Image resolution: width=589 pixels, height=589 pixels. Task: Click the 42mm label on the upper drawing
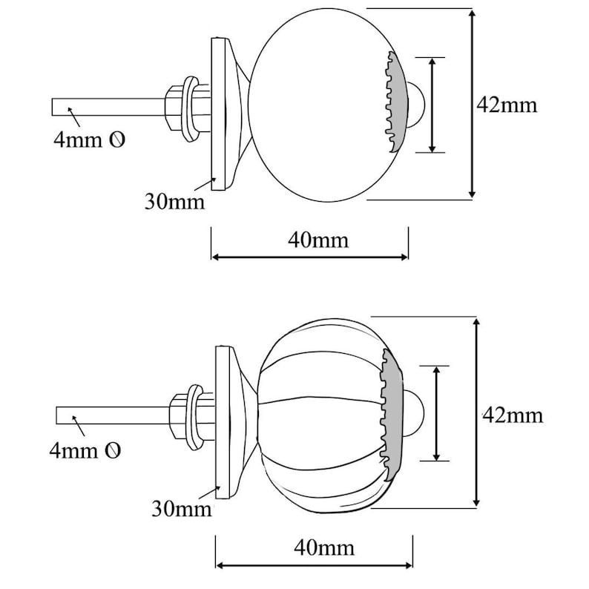click(506, 105)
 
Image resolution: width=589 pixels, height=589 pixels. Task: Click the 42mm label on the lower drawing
click(513, 415)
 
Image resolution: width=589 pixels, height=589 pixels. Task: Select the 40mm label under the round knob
click(317, 239)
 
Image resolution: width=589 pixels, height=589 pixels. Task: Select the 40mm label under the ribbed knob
click(323, 548)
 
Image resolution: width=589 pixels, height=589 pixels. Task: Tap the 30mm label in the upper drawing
click(174, 201)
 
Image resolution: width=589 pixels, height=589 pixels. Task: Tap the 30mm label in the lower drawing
click(182, 509)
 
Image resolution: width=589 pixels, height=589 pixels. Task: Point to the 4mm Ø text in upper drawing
click(88, 139)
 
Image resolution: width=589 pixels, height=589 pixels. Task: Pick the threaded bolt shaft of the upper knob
click(108, 107)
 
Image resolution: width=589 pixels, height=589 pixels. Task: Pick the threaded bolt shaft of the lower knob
click(111, 415)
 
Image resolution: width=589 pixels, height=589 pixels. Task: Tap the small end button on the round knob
click(415, 105)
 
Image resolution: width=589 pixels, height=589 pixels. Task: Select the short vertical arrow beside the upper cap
click(431, 105)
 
